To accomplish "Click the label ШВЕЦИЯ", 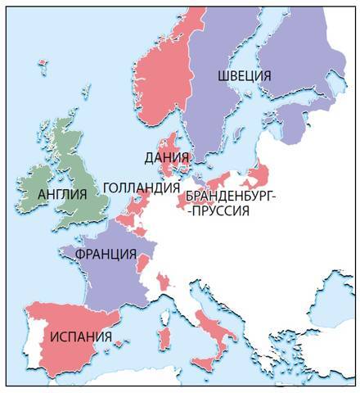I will [245, 75].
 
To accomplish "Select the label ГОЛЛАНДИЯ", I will [141, 187].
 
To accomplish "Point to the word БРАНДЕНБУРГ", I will [232, 196].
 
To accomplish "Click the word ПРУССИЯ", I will [220, 210].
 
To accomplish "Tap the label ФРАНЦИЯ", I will [105, 254].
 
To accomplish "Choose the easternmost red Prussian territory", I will [263, 174].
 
